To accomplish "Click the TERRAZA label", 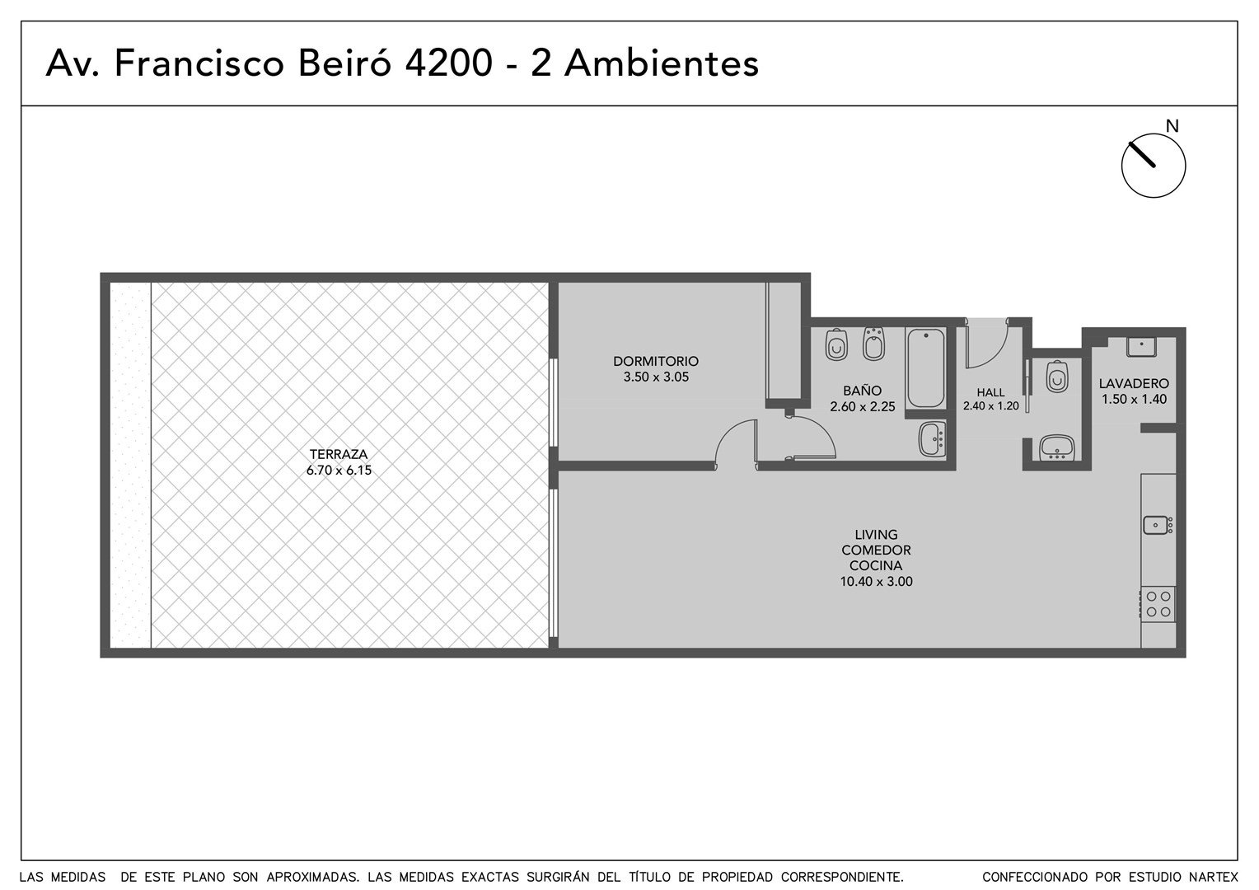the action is click(339, 454).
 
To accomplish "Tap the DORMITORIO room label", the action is click(655, 361).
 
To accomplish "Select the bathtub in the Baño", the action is click(925, 368).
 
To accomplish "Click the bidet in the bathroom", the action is click(873, 344).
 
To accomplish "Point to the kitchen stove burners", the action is click(1158, 604).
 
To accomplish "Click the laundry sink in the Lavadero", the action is click(1141, 346).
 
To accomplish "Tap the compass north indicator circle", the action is click(1154, 166).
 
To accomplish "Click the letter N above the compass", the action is click(1172, 126).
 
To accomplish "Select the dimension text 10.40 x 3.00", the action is click(876, 582).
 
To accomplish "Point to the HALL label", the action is click(990, 392).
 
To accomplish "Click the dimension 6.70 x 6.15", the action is click(339, 470).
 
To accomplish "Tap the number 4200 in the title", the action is click(448, 63).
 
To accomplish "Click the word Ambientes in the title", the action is click(662, 63).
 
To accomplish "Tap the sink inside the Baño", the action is click(933, 439).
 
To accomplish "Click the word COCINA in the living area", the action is click(876, 565).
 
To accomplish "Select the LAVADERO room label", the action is click(1134, 383).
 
